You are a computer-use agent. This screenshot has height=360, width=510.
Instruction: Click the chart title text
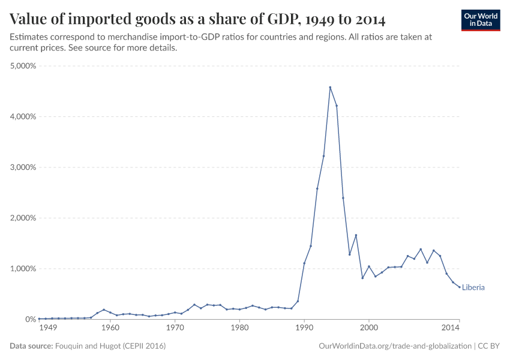197,19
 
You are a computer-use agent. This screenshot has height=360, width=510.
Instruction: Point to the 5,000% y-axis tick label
23,66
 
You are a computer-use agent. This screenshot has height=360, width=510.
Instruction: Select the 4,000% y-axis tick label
23,116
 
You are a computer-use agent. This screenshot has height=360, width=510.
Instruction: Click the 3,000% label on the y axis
23,167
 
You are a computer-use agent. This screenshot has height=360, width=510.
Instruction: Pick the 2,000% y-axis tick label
23,218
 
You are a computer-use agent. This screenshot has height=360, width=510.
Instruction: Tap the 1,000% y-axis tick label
23,269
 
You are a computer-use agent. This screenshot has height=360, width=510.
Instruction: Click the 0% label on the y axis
31,319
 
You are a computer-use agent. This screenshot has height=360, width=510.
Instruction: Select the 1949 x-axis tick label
48,328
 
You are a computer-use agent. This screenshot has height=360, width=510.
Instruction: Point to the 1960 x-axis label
110,328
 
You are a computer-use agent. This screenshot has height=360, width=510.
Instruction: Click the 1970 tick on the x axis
175,328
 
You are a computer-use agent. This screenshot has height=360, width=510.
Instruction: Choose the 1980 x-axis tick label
239,328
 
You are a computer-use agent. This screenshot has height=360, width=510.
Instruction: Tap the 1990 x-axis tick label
304,328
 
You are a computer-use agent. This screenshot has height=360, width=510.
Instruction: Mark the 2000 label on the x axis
369,328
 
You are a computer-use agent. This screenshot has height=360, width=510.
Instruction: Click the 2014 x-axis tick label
450,328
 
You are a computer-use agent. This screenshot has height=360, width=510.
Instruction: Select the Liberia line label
473,287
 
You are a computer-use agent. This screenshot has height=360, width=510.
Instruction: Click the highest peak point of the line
330,87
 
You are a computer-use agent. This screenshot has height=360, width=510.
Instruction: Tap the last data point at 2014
460,287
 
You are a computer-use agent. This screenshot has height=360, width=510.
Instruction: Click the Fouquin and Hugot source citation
110,346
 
